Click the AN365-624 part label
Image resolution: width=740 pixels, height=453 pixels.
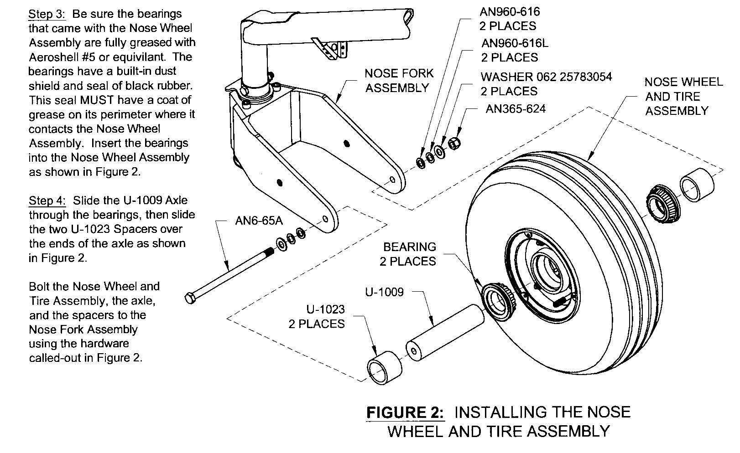coord(515,109)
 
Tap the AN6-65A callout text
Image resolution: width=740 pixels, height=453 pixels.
coord(259,221)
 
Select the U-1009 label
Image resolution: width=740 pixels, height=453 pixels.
coord(384,292)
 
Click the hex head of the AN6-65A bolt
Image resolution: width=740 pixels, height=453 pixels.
coord(191,299)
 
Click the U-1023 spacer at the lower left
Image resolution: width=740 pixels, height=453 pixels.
coord(384,365)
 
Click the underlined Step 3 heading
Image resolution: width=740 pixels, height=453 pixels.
coord(47,14)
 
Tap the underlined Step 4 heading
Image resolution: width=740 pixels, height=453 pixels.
coord(47,201)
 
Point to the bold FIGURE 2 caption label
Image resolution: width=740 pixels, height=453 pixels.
coord(405,413)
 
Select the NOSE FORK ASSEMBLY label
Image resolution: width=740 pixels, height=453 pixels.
coord(399,81)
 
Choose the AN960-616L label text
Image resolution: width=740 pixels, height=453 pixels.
coord(515,43)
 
